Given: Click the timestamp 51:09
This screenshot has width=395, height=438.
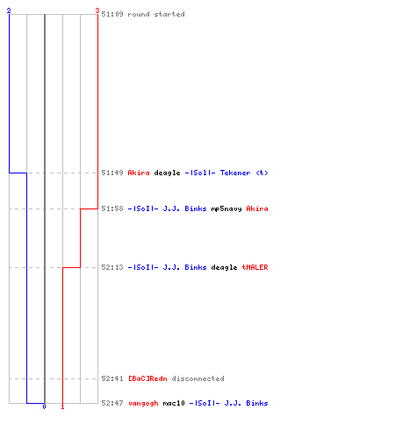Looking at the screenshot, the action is tap(112, 14).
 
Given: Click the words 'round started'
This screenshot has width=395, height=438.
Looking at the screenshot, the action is tap(156, 14).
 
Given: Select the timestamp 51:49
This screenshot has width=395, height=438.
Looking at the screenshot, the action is tap(112, 173).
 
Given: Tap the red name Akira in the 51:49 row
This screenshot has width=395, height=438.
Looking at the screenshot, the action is tap(139, 173).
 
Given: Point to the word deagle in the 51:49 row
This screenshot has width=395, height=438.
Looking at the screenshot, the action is tap(167, 173).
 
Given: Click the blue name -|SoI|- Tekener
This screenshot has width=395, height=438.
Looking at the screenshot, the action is tap(218, 173).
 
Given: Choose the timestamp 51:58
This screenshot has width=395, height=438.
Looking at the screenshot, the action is tap(112, 208).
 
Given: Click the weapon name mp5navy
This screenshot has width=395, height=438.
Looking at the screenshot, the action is tap(226, 209).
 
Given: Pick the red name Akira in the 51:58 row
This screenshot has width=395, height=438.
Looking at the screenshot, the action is tap(257, 208).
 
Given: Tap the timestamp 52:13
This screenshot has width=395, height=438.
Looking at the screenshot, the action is tap(112, 267).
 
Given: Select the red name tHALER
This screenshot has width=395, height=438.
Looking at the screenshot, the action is tap(255, 267).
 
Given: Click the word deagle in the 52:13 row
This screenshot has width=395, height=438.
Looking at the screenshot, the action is tap(224, 267).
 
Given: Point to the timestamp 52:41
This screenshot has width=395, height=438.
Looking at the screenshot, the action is tap(112, 378).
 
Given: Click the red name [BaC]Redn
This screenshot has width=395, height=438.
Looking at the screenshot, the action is tap(147, 378).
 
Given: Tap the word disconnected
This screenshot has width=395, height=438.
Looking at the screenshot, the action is tap(197, 378).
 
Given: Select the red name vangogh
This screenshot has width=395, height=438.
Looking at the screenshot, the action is tap(143, 403).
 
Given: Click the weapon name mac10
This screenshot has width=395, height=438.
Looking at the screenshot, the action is tap(174, 403).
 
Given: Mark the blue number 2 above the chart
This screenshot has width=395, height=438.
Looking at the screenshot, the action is tap(9, 11).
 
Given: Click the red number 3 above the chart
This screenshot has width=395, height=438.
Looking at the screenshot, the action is tap(97, 11).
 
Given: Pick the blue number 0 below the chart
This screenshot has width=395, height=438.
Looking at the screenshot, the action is tap(44, 406).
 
